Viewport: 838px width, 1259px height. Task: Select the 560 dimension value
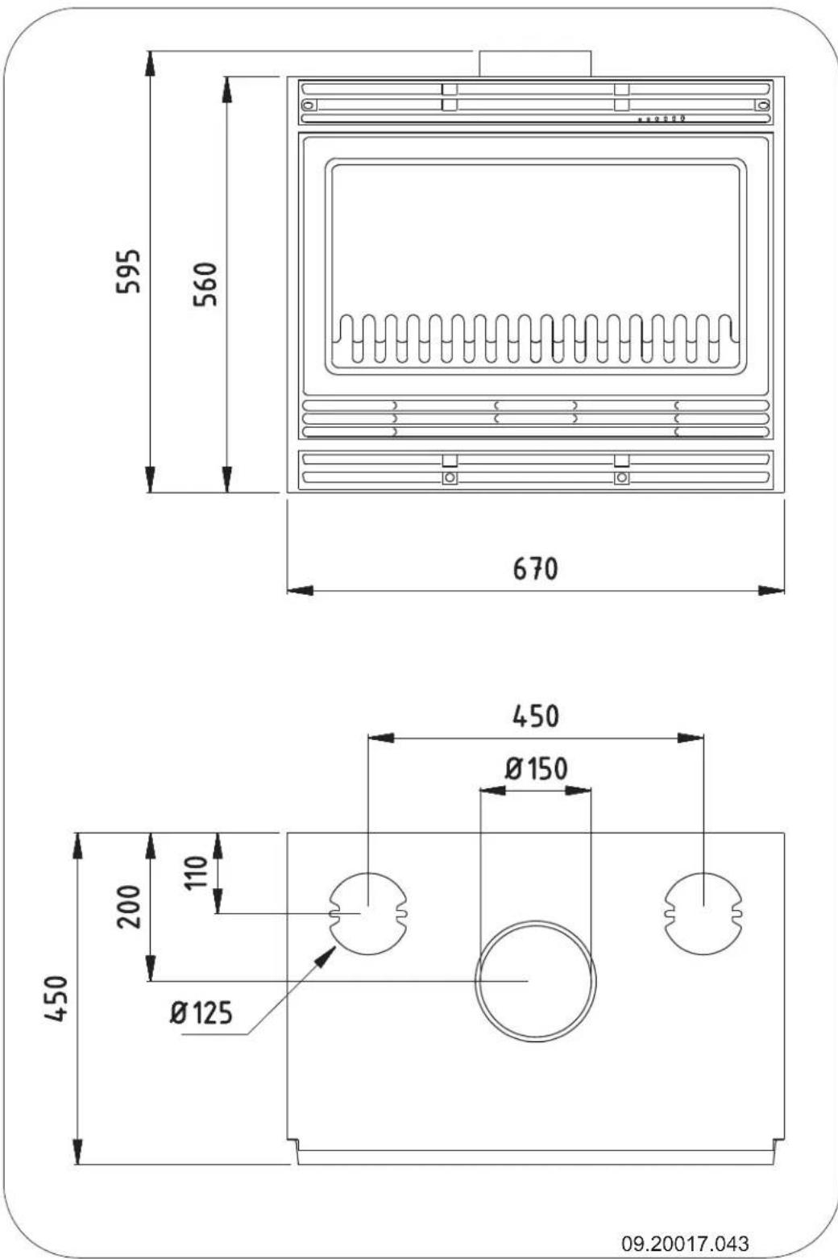[x=207, y=283]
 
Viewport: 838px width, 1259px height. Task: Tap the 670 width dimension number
[x=536, y=569]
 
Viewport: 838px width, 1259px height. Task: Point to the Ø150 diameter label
[x=536, y=768]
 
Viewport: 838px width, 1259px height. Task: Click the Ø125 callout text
[x=201, y=1012]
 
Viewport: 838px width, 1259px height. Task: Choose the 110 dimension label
[x=197, y=872]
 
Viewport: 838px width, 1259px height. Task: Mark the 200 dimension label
[x=130, y=906]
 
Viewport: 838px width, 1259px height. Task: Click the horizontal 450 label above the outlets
[x=536, y=715]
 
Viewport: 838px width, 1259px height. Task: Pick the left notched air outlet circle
[x=368, y=913]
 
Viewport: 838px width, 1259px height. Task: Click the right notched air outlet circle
[x=703, y=913]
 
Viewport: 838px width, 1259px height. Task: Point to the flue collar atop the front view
[x=536, y=64]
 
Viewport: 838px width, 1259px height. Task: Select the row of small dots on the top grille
[x=662, y=119]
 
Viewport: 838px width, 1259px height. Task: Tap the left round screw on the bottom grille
[x=450, y=478]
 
